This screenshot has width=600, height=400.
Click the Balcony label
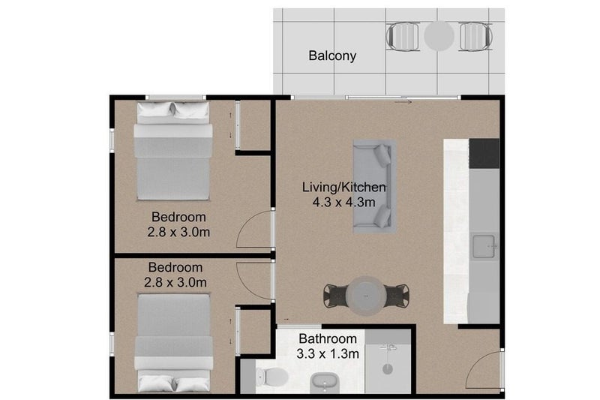pyautogui.click(x=332, y=56)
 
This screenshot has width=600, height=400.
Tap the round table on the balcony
pyautogui.click(x=439, y=36)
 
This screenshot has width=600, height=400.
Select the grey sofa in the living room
pyautogui.click(x=374, y=186)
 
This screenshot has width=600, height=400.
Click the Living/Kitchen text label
pyautogui.click(x=344, y=187)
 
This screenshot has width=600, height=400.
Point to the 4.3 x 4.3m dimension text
pyautogui.click(x=344, y=202)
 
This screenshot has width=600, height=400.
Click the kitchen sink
pyautogui.click(x=484, y=246)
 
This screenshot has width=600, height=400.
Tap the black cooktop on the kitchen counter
pyautogui.click(x=484, y=154)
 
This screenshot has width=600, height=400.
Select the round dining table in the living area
pyautogui.click(x=367, y=296)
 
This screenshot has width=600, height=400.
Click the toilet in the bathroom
pyautogui.click(x=272, y=377)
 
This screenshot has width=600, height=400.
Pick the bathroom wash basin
pyautogui.click(x=325, y=383)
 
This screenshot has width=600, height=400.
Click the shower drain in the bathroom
pyautogui.click(x=388, y=369)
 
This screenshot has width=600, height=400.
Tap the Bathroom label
pyautogui.click(x=328, y=338)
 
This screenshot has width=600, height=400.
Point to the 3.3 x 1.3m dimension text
pyautogui.click(x=328, y=354)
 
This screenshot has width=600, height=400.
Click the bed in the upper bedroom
pyautogui.click(x=173, y=151)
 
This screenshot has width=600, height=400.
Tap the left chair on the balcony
pyautogui.click(x=403, y=36)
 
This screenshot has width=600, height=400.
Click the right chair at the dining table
pyautogui.click(x=397, y=295)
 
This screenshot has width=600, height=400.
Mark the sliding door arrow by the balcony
pyautogui.click(x=403, y=102)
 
